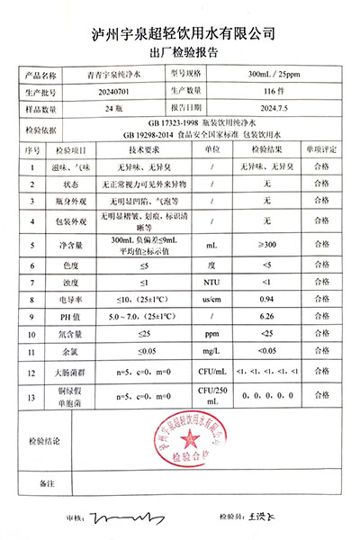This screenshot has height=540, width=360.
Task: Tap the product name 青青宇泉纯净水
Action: coord(113,76)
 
